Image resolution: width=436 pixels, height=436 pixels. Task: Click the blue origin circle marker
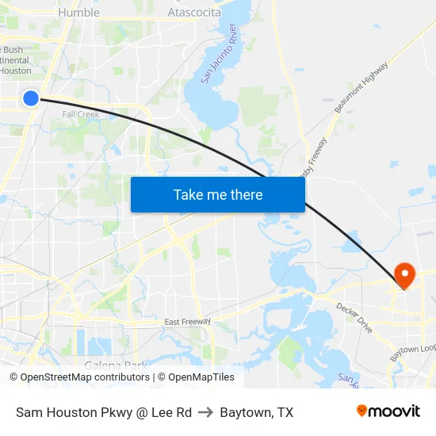coord(30,98)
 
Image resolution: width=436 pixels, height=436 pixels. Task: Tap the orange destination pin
coord(404,275)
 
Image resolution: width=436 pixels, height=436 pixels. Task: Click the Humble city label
coord(79,13)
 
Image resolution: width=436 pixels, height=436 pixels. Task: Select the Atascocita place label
coord(194,13)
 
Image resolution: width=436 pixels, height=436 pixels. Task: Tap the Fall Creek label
coord(81,114)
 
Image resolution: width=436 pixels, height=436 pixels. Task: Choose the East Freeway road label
coord(188,321)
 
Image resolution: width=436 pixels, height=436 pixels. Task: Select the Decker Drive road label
coord(354,317)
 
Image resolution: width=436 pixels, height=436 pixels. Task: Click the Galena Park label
coord(116,365)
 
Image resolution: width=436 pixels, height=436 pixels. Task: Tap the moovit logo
coord(388,411)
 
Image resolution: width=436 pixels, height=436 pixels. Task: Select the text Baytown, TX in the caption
coord(257,412)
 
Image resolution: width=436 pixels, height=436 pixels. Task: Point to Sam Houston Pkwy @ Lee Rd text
coord(104,412)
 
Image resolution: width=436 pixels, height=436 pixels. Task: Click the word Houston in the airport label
coord(16,71)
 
